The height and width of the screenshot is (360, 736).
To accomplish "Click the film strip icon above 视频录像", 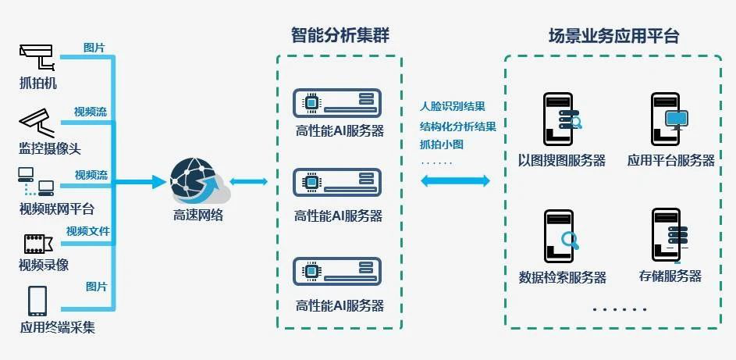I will pyautogui.click(x=36, y=243).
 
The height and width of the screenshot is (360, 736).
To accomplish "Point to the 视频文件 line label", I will pyautogui.click(x=87, y=231).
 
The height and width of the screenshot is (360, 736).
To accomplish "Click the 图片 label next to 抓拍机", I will pyautogui.click(x=94, y=48).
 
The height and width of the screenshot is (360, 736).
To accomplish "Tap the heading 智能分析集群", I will pyautogui.click(x=340, y=35).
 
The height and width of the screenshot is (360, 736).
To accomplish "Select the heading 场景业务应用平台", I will pyautogui.click(x=613, y=35).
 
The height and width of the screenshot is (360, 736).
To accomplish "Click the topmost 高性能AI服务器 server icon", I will pyautogui.click(x=337, y=103).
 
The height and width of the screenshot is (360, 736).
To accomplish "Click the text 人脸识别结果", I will pyautogui.click(x=453, y=106).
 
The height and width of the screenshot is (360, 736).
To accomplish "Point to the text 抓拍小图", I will pyautogui.click(x=441, y=144).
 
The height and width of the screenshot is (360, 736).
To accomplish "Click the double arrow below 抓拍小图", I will pyautogui.click(x=456, y=181).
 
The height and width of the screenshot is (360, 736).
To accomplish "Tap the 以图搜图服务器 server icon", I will pyautogui.click(x=560, y=119).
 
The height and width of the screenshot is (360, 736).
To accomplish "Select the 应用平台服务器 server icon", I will pyautogui.click(x=668, y=119).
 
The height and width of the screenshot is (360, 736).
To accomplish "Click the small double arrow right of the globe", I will pyautogui.click(x=249, y=182).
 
